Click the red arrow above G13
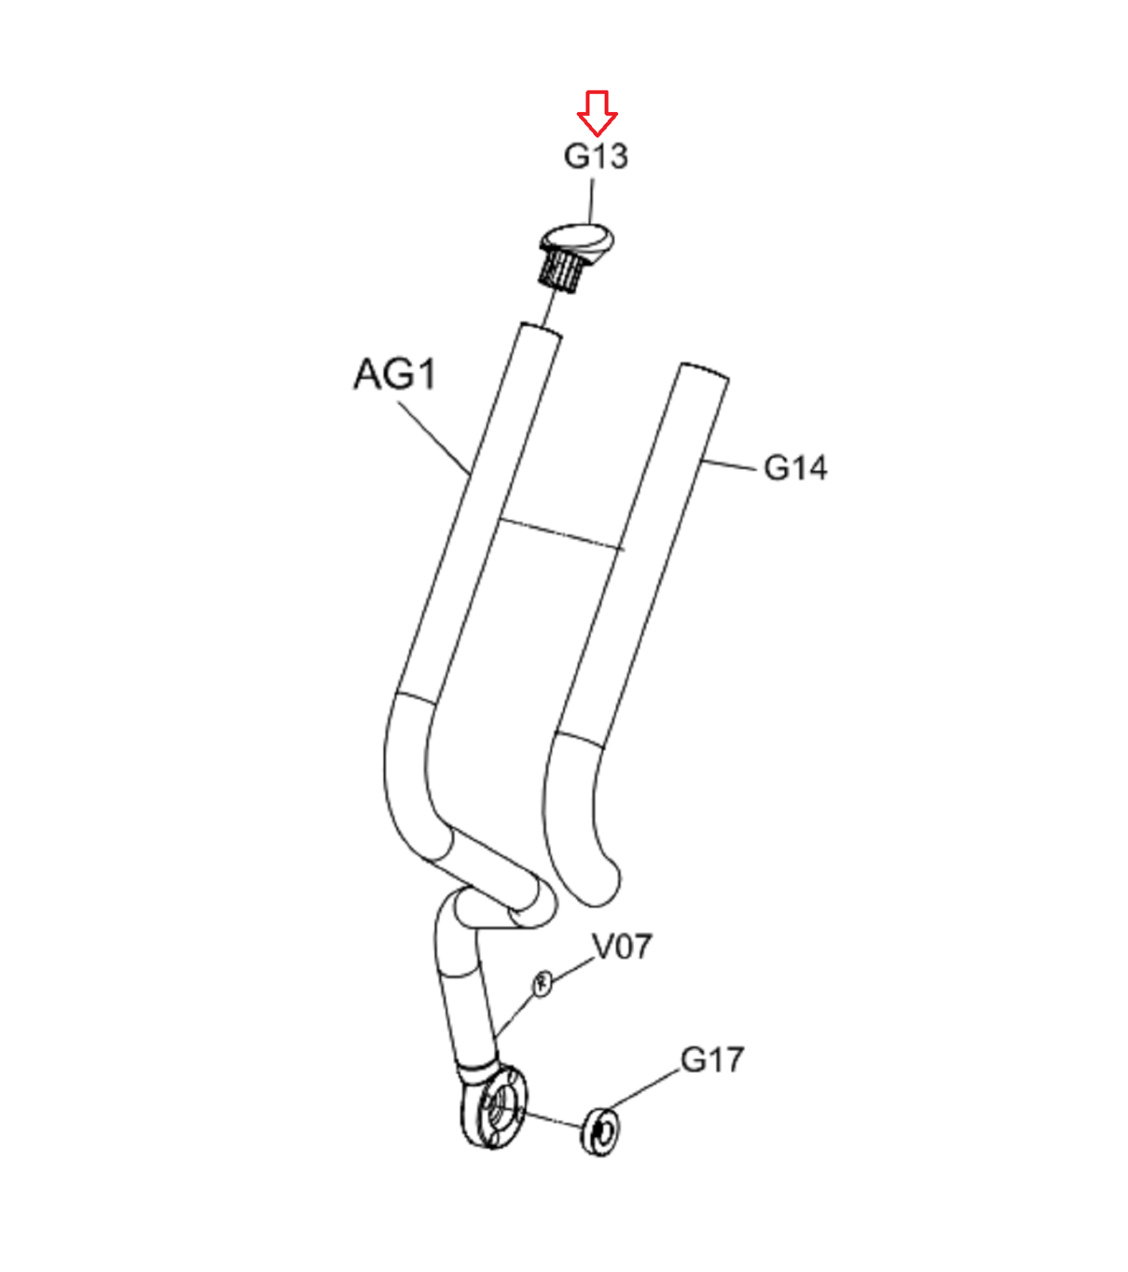pos(597,112)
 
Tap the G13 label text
pos(596,156)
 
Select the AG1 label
pos(395,374)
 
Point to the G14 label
pos(795,467)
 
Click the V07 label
pos(623,947)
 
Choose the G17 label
pos(712,1060)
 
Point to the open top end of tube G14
pos(705,371)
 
